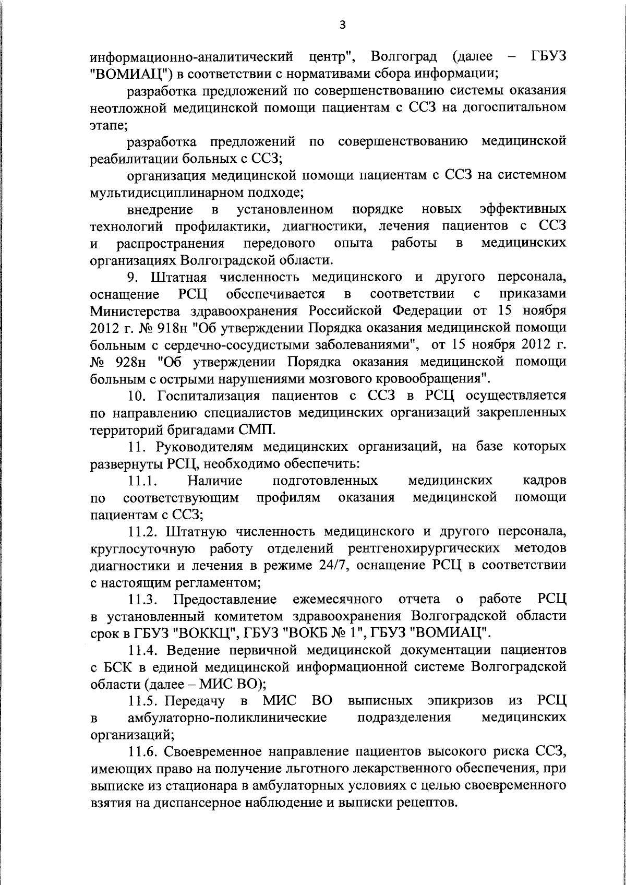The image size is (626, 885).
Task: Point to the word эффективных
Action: [523, 210]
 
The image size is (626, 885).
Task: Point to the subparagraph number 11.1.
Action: [144, 480]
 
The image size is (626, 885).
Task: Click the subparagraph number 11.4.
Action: [144, 650]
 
